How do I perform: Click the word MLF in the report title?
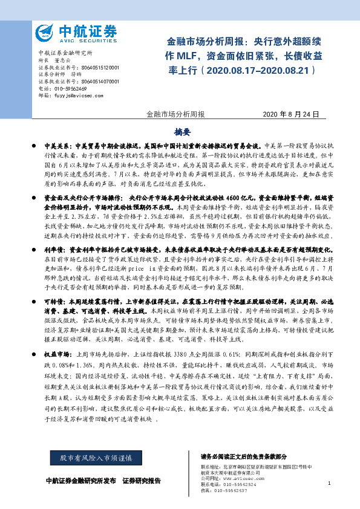tap(186, 56)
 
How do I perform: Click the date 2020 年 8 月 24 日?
tap(290, 114)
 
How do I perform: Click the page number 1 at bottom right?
tap(329, 483)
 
